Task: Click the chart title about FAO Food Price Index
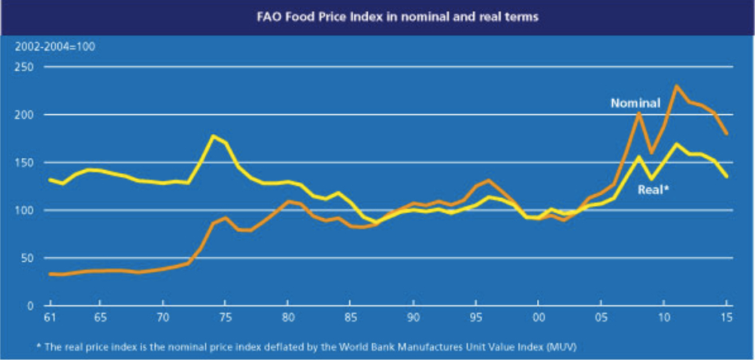[377, 15]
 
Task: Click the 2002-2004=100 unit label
[54, 47]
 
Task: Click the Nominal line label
[634, 103]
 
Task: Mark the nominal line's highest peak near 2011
[677, 85]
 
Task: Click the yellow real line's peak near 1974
[213, 136]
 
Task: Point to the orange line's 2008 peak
[639, 113]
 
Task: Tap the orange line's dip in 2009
[651, 152]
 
